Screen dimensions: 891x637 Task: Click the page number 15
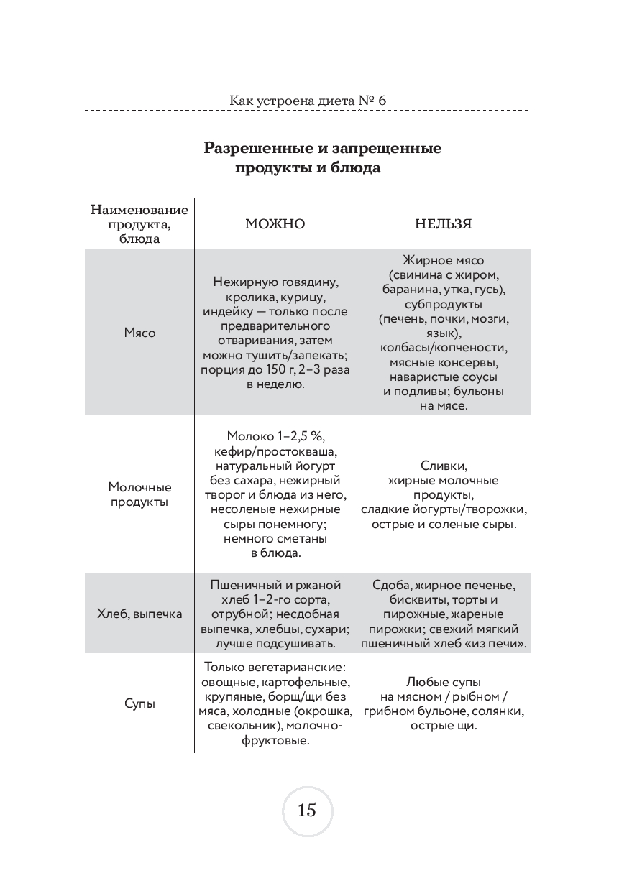[x=306, y=811]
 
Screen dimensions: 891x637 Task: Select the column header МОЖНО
[x=275, y=224]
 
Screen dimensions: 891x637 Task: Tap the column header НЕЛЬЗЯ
[x=443, y=224]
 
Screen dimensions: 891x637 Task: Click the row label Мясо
[x=139, y=333]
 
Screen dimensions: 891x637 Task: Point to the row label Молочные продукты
[x=139, y=494]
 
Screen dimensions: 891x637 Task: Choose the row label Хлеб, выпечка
[x=139, y=614]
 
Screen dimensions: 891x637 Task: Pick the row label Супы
[x=139, y=704]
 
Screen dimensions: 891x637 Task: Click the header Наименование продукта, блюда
[x=139, y=224]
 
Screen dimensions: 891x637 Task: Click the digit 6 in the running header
[x=382, y=101]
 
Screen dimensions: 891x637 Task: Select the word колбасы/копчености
[x=444, y=348]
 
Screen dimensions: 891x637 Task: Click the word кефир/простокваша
[x=275, y=451]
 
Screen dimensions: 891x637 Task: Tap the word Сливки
[x=444, y=466]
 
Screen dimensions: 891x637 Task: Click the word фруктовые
[x=275, y=741]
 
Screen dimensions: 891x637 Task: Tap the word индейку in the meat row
[x=221, y=312]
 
